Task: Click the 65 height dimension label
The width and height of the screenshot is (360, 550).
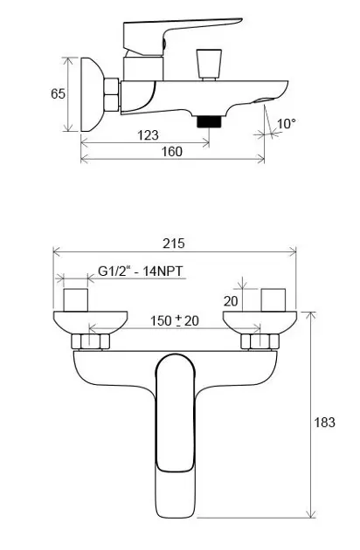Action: click(x=58, y=93)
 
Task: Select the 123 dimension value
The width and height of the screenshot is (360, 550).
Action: click(x=148, y=134)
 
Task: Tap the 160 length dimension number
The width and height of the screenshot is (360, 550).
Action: click(x=172, y=152)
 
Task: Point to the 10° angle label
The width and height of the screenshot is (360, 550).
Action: click(x=287, y=123)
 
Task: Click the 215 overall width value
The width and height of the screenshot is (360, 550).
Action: click(x=174, y=244)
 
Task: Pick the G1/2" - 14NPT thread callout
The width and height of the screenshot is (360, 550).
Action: click(x=141, y=272)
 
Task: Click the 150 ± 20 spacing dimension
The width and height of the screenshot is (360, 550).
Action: click(x=175, y=320)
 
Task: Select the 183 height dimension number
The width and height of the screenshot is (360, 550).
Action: click(x=324, y=423)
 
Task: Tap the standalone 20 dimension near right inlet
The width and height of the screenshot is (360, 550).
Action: click(x=231, y=301)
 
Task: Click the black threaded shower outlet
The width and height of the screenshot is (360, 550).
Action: click(x=209, y=121)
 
